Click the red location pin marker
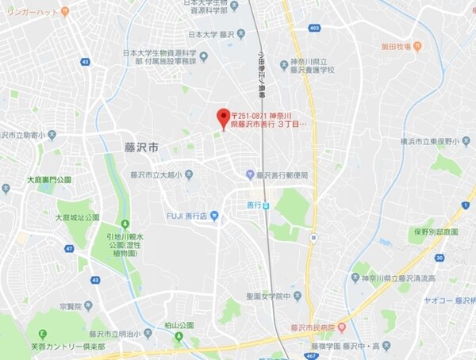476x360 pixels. (223, 118)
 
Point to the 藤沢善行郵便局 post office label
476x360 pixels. (280, 174)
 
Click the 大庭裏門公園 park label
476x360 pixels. (48, 180)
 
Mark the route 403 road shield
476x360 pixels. (315, 28)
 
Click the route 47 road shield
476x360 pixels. (69, 248)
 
